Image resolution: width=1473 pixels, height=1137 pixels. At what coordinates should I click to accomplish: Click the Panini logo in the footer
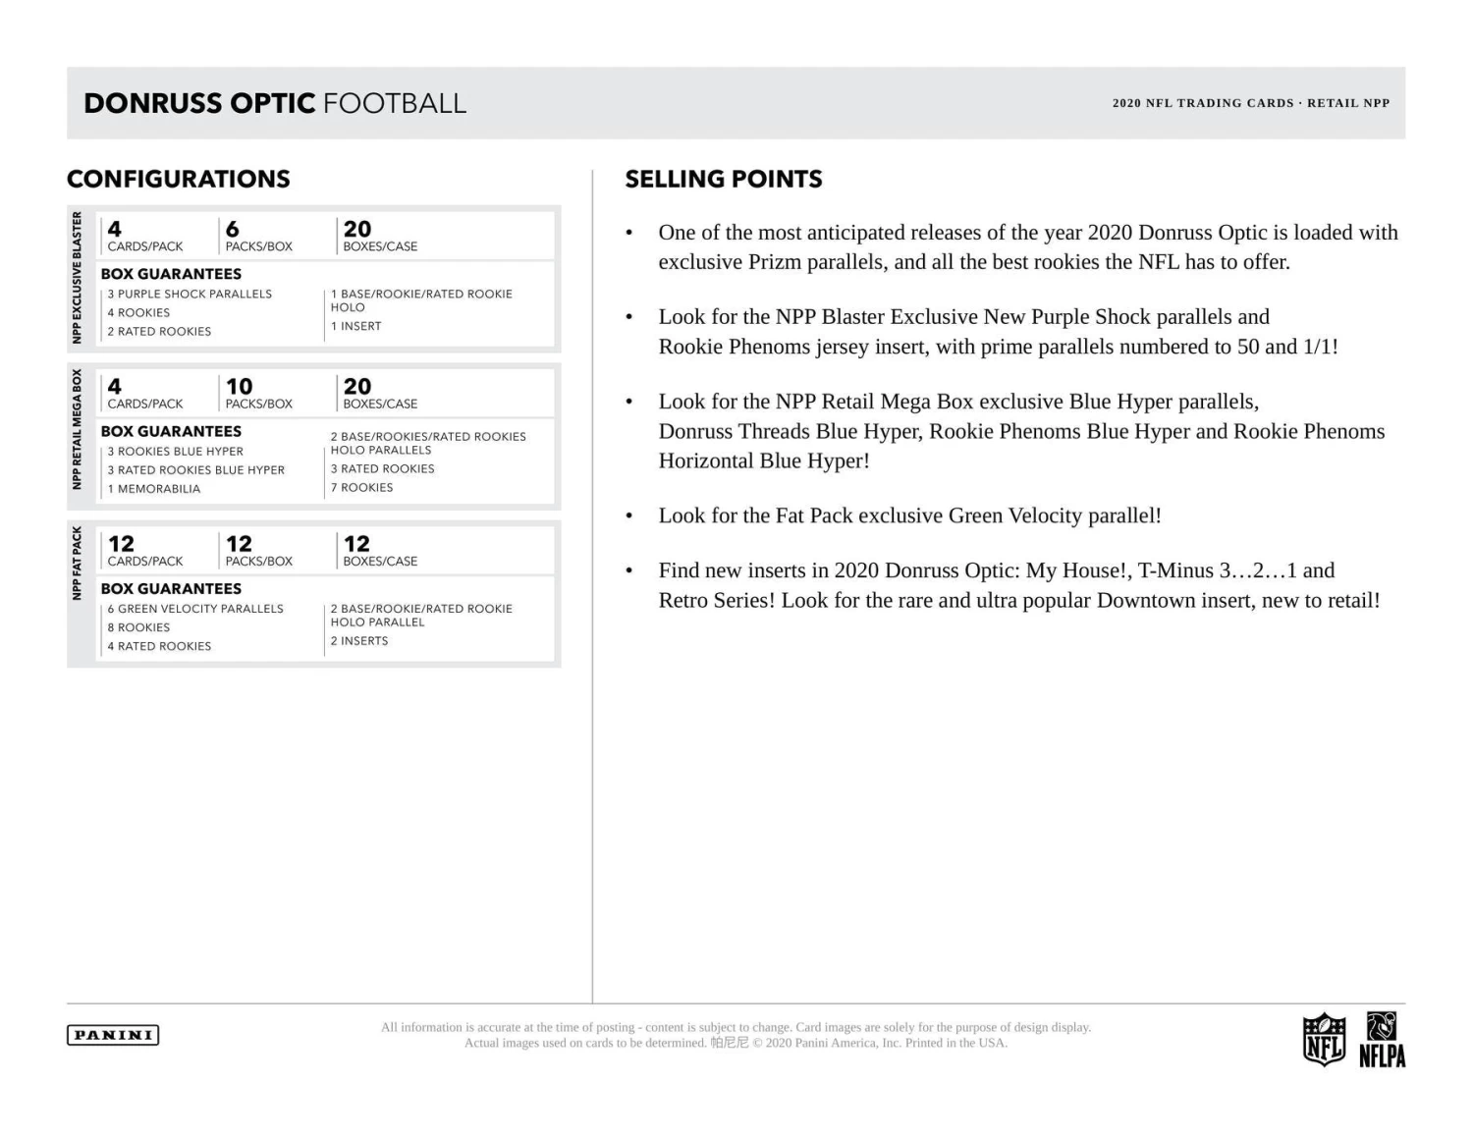pyautogui.click(x=113, y=1035)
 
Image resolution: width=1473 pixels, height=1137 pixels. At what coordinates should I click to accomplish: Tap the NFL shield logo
pyautogui.click(x=1323, y=1040)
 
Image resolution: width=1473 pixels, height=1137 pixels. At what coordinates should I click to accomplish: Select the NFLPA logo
pyautogui.click(x=1382, y=1040)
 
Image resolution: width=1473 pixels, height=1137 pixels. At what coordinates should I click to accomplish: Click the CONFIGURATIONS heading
pyautogui.click(x=179, y=179)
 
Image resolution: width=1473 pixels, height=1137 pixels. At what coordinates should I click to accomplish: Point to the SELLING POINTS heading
pyautogui.click(x=724, y=179)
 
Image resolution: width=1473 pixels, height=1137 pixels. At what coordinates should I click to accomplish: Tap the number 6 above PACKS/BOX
pyautogui.click(x=233, y=230)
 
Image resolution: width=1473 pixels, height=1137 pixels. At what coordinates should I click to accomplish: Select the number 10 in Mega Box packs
pyautogui.click(x=239, y=387)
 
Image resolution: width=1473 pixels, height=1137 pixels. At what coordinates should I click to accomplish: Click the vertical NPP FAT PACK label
pyautogui.click(x=77, y=563)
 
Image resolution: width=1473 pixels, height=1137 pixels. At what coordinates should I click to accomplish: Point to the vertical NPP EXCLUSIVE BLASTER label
pyautogui.click(x=77, y=278)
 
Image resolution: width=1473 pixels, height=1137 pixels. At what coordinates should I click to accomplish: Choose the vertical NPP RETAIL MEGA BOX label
pyautogui.click(x=77, y=429)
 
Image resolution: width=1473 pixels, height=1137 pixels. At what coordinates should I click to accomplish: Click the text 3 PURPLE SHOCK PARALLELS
pyautogui.click(x=190, y=294)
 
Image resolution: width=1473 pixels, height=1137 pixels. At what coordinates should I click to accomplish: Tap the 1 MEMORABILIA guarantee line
pyautogui.click(x=154, y=489)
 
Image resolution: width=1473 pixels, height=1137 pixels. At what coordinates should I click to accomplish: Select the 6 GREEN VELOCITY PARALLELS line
pyautogui.click(x=195, y=609)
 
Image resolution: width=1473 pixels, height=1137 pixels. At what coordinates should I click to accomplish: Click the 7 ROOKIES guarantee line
pyautogui.click(x=361, y=488)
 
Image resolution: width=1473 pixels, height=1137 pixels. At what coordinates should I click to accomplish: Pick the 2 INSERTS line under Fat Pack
pyautogui.click(x=359, y=641)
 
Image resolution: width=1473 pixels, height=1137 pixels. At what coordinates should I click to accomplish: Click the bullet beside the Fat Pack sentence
pyautogui.click(x=629, y=516)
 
